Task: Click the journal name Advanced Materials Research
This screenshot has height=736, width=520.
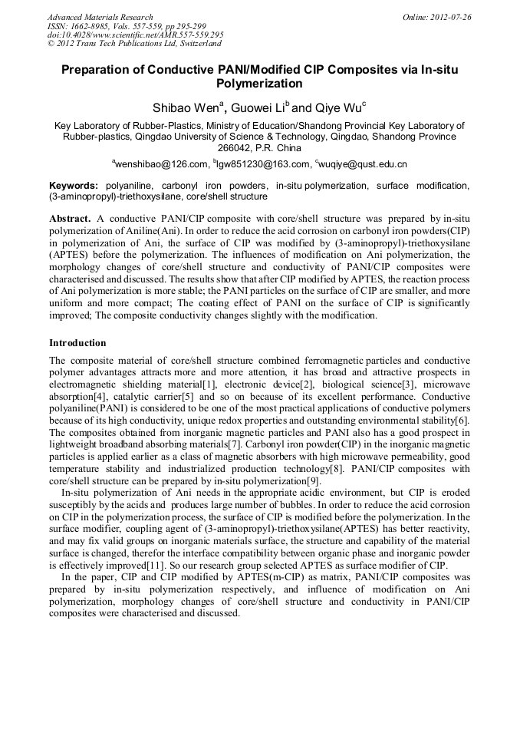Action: pyautogui.click(x=100, y=17)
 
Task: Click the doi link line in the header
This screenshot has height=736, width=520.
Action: pyautogui.click(x=135, y=35)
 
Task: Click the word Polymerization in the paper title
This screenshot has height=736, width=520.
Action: pyautogui.click(x=259, y=84)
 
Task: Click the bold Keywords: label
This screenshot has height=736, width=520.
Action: pyautogui.click(x=74, y=186)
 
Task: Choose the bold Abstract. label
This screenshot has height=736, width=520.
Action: pyautogui.click(x=71, y=218)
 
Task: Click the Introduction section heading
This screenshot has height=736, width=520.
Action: pyautogui.click(x=77, y=342)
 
